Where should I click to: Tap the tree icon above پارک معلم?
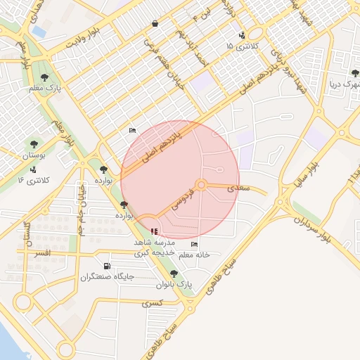pyautogui.click(x=45, y=77)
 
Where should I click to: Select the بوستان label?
pyautogui.click(x=33, y=155)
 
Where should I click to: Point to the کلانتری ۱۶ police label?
pyautogui.click(x=33, y=181)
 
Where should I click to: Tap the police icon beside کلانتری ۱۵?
pyautogui.click(x=243, y=34)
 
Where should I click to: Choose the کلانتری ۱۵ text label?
pyautogui.click(x=240, y=46)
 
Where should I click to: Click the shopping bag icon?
pyautogui.click(x=154, y=23)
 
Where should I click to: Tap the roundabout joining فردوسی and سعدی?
pyautogui.click(x=201, y=185)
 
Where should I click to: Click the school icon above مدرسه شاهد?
pyautogui.click(x=154, y=231)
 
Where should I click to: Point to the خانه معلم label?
pyautogui.click(x=195, y=254)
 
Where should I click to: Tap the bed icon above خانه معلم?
pyautogui.click(x=194, y=244)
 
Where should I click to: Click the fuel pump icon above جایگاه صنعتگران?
pyautogui.click(x=106, y=266)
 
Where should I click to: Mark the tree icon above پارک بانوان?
pyautogui.click(x=174, y=274)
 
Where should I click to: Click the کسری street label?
pyautogui.click(x=151, y=304)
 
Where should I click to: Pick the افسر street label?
pyautogui.click(x=42, y=252)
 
